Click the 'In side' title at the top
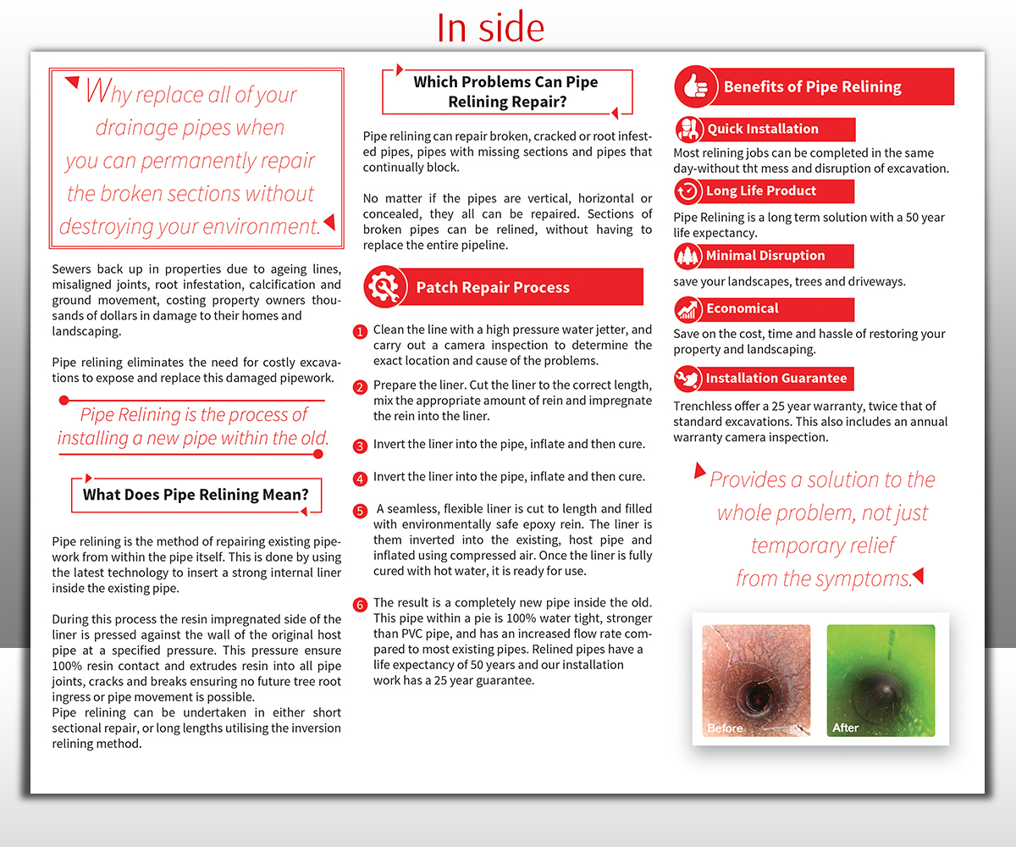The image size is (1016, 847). point(490,27)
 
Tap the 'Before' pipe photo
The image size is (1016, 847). point(756,680)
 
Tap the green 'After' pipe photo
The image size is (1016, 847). point(881,680)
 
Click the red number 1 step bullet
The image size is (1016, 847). point(361,331)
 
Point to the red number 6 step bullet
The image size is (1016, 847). point(361,605)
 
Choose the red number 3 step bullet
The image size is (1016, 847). point(361,446)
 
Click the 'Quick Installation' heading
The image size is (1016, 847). point(763,130)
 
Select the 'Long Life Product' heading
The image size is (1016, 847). point(761,191)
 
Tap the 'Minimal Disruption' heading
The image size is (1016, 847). point(765,256)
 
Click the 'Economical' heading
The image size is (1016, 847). point(742,309)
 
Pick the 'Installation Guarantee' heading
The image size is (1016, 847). point(776,379)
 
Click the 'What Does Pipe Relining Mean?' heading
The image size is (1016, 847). point(196,495)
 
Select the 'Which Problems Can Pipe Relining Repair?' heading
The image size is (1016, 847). point(505,92)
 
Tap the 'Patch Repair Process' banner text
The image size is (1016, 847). point(493,288)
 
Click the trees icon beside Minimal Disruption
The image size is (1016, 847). point(687,256)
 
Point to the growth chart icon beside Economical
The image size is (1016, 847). point(687,309)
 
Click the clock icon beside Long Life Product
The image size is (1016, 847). point(687,191)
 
